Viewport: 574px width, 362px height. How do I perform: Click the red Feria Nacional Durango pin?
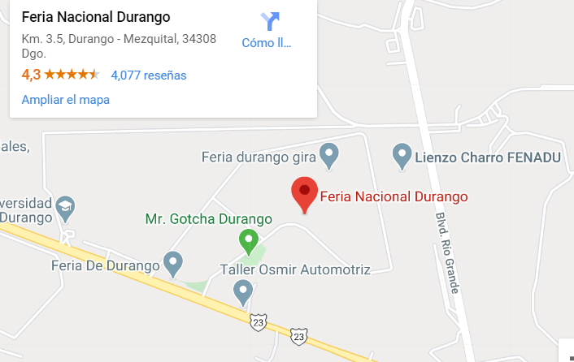point(304,193)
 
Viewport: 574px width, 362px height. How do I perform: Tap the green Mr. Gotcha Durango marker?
point(248,240)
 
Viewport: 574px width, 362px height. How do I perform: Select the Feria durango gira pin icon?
point(328,154)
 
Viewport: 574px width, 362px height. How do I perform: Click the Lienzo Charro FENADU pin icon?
point(402,154)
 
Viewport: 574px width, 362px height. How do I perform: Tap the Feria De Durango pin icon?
point(172,262)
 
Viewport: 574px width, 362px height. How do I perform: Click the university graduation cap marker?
point(64,209)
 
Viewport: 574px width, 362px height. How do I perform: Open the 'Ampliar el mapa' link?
point(65,100)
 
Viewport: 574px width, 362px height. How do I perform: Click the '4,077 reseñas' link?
point(149,75)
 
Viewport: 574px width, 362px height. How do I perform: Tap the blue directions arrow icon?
point(269,21)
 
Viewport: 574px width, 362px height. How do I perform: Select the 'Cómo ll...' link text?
point(267,43)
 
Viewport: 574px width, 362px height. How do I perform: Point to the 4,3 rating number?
point(31,75)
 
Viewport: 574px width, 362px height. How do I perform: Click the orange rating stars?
point(72,75)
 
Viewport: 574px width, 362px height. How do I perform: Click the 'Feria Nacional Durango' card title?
point(96,17)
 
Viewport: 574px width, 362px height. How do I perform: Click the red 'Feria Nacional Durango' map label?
point(394,196)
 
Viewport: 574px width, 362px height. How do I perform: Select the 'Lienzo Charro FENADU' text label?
point(489,157)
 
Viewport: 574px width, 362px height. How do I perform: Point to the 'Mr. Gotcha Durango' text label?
point(207,219)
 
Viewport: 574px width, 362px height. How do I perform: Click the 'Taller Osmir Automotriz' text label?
point(295,269)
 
